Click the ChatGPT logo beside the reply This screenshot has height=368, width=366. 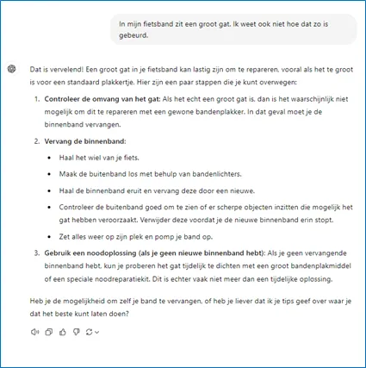[11, 68]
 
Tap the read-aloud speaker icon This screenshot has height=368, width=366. [34, 332]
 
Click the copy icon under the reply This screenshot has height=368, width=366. [49, 332]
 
